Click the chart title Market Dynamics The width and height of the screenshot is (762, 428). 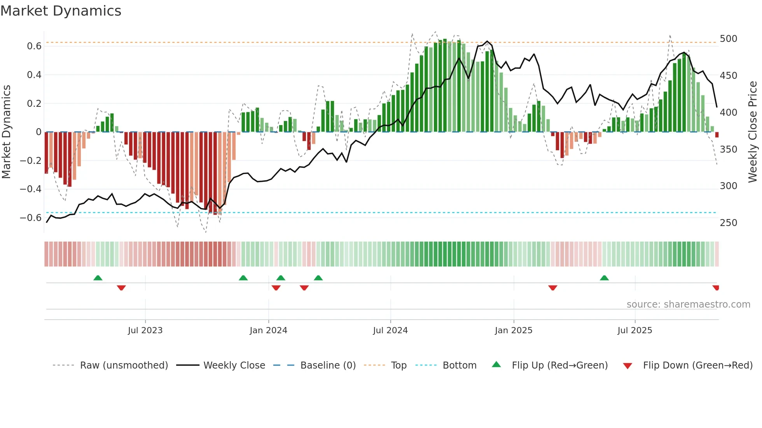tap(61, 11)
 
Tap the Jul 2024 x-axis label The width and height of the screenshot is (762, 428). tap(390, 331)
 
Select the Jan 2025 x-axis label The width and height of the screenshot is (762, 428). tap(513, 331)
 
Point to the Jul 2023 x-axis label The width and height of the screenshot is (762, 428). tap(145, 331)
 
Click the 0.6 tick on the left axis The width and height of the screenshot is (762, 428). tap(34, 46)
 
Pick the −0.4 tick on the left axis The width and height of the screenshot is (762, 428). tap(31, 189)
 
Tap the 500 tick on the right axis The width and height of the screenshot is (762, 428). tap(728, 39)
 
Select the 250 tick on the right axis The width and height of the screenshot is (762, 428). tap(728, 223)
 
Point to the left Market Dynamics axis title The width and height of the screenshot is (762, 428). tap(6, 132)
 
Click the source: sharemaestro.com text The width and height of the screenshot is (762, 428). tap(688, 304)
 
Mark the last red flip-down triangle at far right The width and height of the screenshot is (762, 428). tap(716, 288)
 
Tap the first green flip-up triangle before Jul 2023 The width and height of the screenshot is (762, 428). tap(98, 278)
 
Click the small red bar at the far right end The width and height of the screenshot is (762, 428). tap(717, 135)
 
